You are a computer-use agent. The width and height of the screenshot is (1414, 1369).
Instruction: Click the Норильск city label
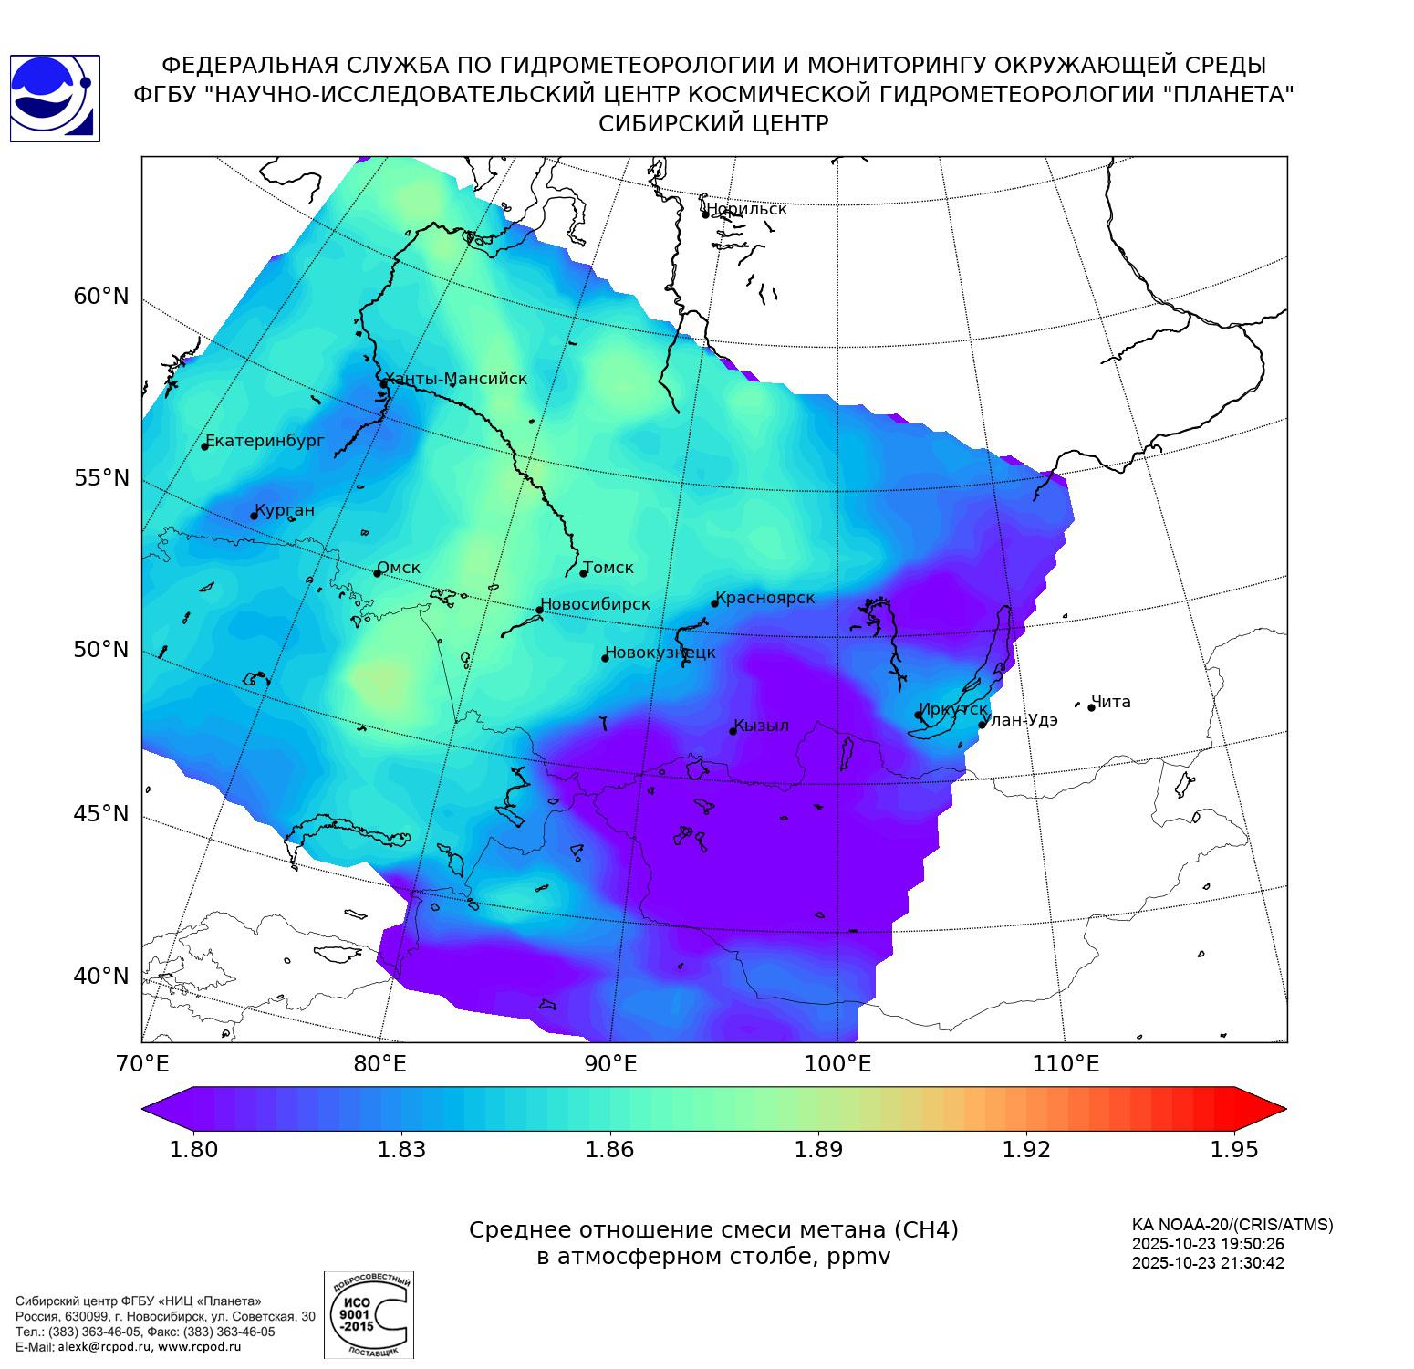(x=746, y=209)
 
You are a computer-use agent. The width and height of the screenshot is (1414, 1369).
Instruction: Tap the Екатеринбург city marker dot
(x=205, y=445)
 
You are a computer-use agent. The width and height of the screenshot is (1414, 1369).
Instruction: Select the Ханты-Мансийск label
(x=455, y=379)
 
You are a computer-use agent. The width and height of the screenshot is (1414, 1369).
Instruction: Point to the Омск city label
(x=399, y=568)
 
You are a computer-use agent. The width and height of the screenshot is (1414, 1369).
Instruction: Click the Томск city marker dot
(x=583, y=573)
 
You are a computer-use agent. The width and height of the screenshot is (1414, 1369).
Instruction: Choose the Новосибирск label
(x=596, y=604)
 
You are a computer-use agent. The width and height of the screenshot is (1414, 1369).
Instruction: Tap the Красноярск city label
(x=764, y=598)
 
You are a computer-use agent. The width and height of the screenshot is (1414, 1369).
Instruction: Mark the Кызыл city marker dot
(x=733, y=731)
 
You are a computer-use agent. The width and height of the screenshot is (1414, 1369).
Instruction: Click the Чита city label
(x=1111, y=702)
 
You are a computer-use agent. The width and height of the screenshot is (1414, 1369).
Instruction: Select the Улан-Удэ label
(x=1022, y=720)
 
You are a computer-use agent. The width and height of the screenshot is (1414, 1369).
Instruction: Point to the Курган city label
(x=285, y=510)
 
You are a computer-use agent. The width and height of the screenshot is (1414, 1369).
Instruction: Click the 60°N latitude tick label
(x=101, y=297)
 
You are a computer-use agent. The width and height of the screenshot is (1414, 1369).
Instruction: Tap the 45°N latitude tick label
(x=101, y=813)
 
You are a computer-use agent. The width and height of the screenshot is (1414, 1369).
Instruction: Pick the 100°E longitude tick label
(x=837, y=1064)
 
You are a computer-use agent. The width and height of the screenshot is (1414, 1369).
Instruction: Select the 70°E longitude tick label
(x=143, y=1064)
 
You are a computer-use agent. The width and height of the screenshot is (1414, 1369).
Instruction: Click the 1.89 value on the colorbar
(x=818, y=1149)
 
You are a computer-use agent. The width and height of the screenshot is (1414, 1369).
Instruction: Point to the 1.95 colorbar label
(x=1233, y=1149)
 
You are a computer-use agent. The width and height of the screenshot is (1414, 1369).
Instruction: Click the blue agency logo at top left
(x=55, y=99)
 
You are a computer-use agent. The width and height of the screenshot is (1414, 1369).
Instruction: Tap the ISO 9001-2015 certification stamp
(x=369, y=1315)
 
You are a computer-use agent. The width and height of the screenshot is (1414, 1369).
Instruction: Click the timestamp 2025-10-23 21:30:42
(x=1208, y=1263)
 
